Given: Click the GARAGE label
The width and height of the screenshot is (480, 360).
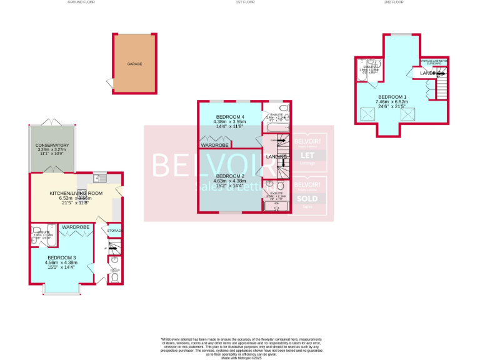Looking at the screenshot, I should (x=135, y=64).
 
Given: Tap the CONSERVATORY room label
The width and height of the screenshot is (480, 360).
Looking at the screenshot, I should (x=52, y=146).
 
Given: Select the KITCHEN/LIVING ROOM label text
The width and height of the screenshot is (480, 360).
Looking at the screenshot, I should (x=76, y=194).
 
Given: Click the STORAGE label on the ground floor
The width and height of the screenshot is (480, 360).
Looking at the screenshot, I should (x=114, y=231).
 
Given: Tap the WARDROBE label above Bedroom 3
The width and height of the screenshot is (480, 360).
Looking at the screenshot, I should (x=76, y=226).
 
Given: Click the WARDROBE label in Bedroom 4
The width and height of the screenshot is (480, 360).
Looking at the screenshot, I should (x=214, y=145).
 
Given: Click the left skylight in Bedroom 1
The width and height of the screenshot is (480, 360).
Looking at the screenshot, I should (x=365, y=115).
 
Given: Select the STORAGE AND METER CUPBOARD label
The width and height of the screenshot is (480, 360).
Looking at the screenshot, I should (x=434, y=62).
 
